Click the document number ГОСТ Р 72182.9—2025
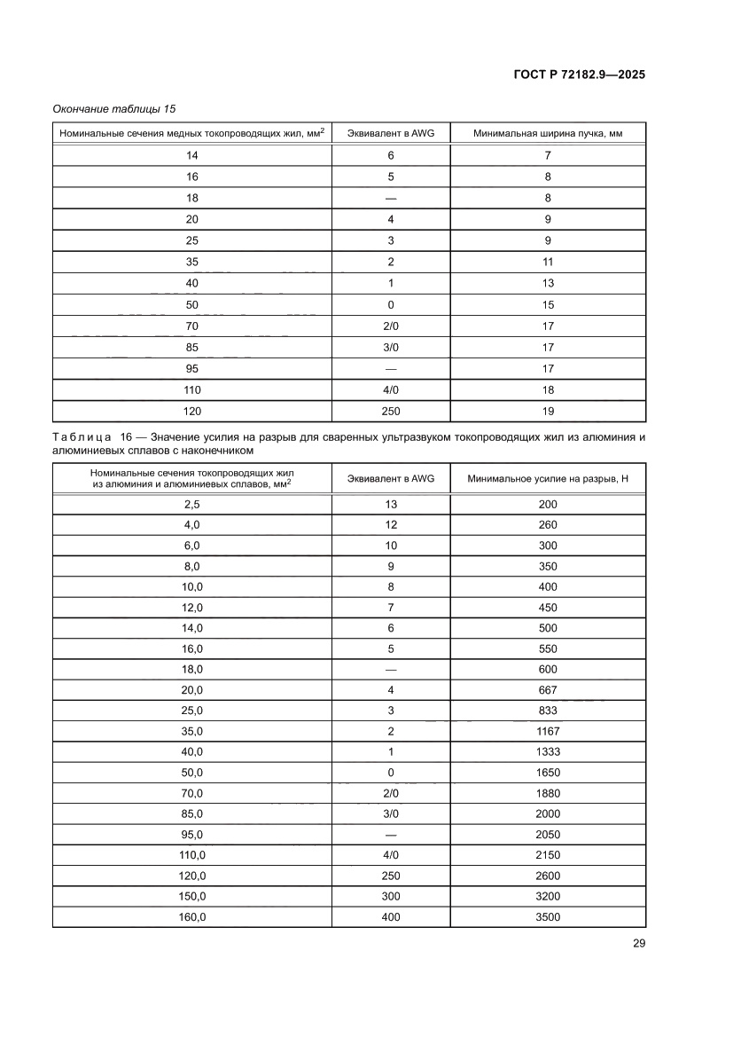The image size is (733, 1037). (x=580, y=75)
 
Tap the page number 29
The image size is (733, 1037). (x=638, y=943)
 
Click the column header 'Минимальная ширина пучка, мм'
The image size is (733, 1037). (x=548, y=133)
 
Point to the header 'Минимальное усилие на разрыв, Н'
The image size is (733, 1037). (x=548, y=479)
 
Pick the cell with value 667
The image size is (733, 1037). (x=548, y=690)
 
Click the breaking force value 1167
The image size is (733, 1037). (x=548, y=732)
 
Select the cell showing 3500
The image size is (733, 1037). (x=548, y=917)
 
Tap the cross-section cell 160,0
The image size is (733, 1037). (x=192, y=917)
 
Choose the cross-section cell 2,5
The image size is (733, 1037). (x=192, y=504)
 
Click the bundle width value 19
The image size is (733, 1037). (x=548, y=411)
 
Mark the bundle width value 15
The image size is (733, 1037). (x=548, y=304)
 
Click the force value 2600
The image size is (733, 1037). (x=548, y=876)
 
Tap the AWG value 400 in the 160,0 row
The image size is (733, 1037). (x=390, y=917)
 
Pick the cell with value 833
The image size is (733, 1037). (x=548, y=711)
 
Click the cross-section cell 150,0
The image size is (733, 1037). (x=192, y=897)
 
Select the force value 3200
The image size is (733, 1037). (x=548, y=897)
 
